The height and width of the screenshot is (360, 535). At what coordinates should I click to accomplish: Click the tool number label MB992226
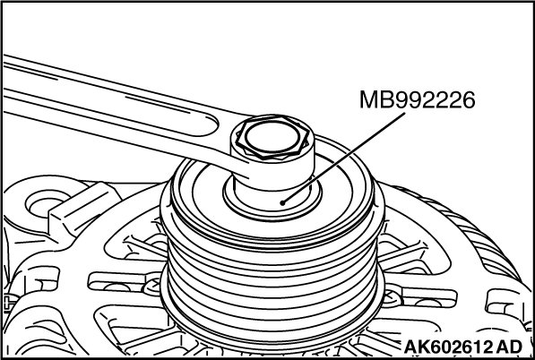418,100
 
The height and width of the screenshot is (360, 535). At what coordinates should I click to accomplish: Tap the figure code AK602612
448,347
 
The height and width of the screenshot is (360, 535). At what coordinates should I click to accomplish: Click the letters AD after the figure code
509,347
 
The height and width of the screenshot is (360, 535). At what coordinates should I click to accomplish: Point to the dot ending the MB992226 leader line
282,203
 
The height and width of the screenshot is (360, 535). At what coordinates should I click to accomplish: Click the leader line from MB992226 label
344,159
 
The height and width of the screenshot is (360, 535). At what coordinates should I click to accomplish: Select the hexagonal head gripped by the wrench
272,138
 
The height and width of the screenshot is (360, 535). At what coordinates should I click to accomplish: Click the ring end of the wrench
272,151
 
